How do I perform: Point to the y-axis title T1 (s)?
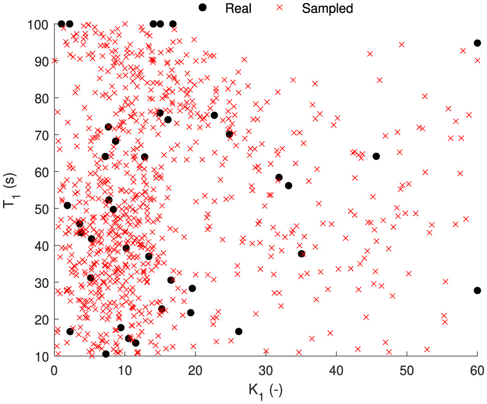click(x=12, y=190)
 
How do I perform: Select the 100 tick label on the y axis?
click(x=39, y=24)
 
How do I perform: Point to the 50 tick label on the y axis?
click(x=42, y=209)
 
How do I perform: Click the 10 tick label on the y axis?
click(x=42, y=356)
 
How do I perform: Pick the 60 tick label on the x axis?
click(x=477, y=370)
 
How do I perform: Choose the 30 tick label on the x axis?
click(x=266, y=370)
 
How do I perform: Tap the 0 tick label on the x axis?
click(x=54, y=370)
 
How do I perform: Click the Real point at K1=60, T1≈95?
click(x=477, y=43)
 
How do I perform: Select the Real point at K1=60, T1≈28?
click(x=477, y=290)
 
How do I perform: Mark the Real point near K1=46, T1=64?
click(x=376, y=156)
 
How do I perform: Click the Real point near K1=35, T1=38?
click(x=301, y=254)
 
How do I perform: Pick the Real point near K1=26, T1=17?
click(x=238, y=331)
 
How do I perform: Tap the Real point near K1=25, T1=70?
click(x=229, y=134)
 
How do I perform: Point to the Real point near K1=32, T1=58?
click(x=279, y=177)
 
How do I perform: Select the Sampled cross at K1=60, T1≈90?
click(x=477, y=60)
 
